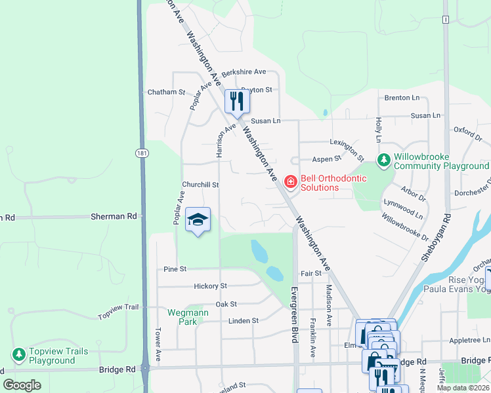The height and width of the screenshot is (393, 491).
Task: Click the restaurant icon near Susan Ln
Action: (237, 101)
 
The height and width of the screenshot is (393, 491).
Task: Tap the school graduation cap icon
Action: (198, 219)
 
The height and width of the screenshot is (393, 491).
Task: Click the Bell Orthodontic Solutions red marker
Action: (290, 180)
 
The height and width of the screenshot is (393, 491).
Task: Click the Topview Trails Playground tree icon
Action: (19, 354)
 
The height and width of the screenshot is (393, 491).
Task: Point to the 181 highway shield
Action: (142, 153)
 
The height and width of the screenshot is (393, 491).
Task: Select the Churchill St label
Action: (200, 185)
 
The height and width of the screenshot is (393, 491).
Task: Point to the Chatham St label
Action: (167, 92)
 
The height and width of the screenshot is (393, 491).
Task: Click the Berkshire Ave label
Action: (244, 72)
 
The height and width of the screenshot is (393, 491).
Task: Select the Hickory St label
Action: (210, 286)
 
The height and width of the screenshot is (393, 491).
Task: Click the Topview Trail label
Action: (119, 312)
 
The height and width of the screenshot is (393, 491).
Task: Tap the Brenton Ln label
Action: (402, 98)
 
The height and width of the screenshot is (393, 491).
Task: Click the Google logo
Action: (22, 385)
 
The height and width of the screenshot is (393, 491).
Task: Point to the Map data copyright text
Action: (463, 388)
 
